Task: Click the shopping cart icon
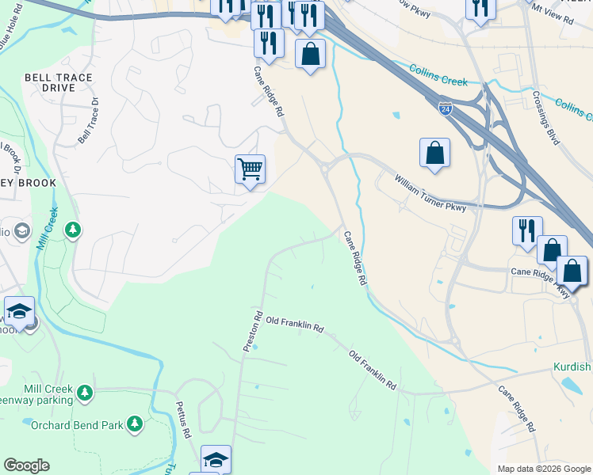(250, 169)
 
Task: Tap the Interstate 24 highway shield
(446, 108)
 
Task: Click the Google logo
(26, 465)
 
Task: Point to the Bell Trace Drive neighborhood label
(59, 82)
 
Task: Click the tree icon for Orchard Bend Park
(135, 424)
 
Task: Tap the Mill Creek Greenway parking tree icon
(83, 392)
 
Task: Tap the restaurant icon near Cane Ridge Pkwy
(527, 230)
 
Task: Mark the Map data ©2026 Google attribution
(543, 469)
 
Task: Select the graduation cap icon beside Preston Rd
(216, 460)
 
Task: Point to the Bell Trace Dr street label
(87, 120)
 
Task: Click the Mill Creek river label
(47, 227)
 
